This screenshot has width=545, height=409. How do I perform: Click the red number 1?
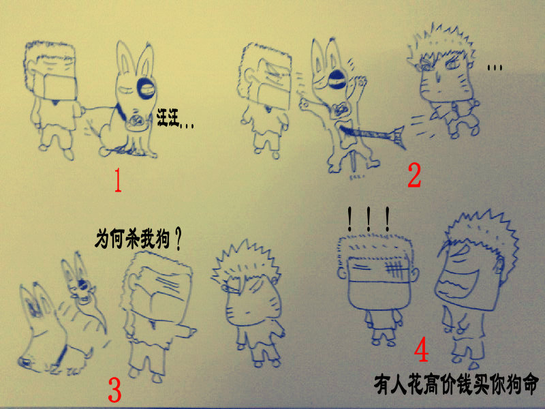[118, 180]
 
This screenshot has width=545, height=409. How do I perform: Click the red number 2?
[414, 175]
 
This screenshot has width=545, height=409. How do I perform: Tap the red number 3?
[114, 389]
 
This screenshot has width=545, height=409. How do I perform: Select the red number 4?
[421, 351]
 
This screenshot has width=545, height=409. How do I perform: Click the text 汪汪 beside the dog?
[168, 117]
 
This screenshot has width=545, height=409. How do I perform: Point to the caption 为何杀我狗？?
[138, 239]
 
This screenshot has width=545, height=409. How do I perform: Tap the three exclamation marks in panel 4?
[369, 219]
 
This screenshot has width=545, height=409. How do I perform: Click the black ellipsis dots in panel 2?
[495, 67]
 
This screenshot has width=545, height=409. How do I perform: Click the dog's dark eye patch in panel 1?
[146, 88]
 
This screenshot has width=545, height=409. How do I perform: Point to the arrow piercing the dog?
[372, 134]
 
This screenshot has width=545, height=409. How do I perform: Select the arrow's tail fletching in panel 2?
[398, 137]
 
